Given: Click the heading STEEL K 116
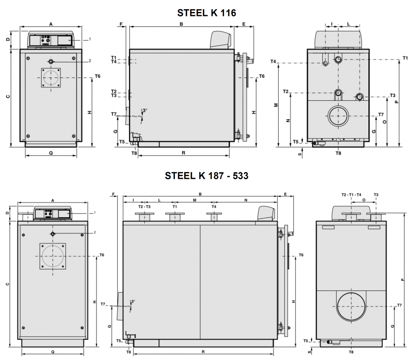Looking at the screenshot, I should (x=207, y=13).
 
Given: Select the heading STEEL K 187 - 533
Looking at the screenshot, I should (x=207, y=176).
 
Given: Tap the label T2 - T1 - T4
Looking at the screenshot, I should (x=351, y=195).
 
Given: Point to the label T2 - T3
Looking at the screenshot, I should (x=144, y=207).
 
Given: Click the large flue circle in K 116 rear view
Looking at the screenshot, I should (x=339, y=116).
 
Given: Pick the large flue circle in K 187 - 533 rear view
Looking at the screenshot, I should (x=351, y=306).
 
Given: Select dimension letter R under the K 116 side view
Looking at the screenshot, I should (x=183, y=153).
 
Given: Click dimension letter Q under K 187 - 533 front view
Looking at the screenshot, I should (x=53, y=351).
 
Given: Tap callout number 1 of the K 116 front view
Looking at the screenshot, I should (x=90, y=39).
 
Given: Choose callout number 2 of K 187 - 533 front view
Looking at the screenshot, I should (x=94, y=232).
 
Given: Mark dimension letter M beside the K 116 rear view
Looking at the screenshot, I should (x=276, y=105).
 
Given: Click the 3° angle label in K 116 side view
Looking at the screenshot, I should (x=145, y=110).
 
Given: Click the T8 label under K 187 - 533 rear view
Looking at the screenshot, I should (x=351, y=352).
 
